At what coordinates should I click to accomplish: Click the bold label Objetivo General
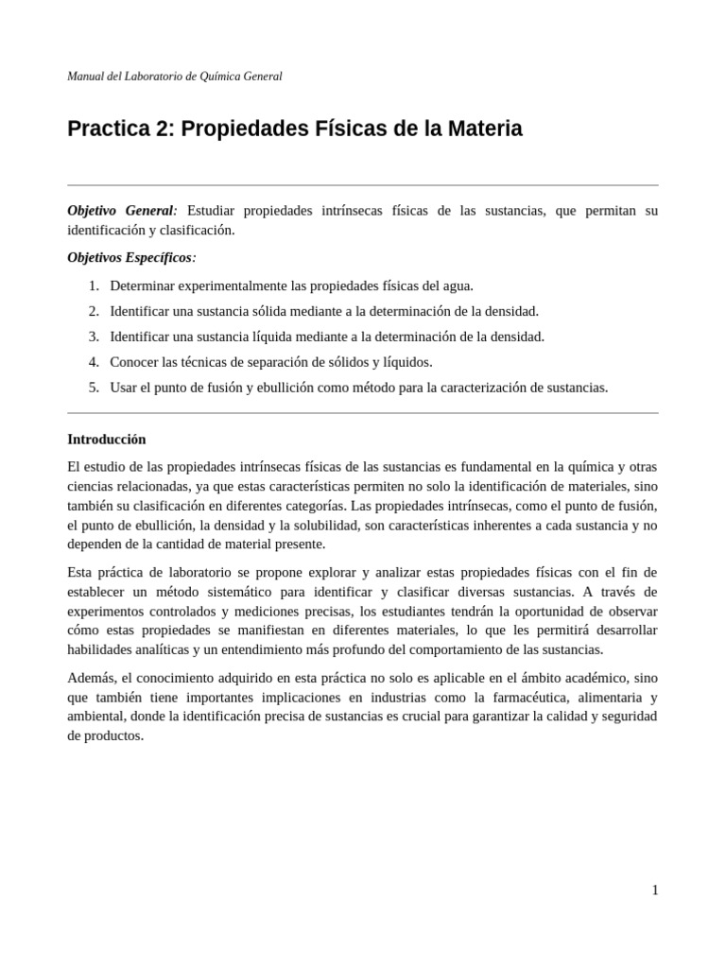[121, 210]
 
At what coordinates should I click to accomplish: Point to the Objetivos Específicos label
[131, 257]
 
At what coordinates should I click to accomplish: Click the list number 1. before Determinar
[94, 285]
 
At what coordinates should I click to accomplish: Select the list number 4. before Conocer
[94, 362]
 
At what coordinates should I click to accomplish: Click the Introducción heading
[107, 440]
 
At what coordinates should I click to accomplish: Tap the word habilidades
[100, 649]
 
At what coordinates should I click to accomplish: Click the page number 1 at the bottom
[654, 890]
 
